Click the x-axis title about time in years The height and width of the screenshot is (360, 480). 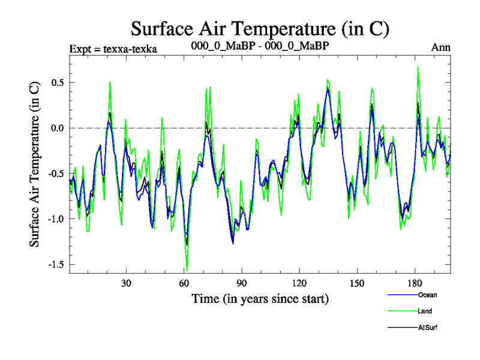260,298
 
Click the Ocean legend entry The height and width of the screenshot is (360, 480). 427,295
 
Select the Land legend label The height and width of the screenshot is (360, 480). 425,311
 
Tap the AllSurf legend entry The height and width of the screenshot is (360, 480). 428,328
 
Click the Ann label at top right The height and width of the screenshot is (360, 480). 441,47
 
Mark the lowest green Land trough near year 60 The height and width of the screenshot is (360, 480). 187,271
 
